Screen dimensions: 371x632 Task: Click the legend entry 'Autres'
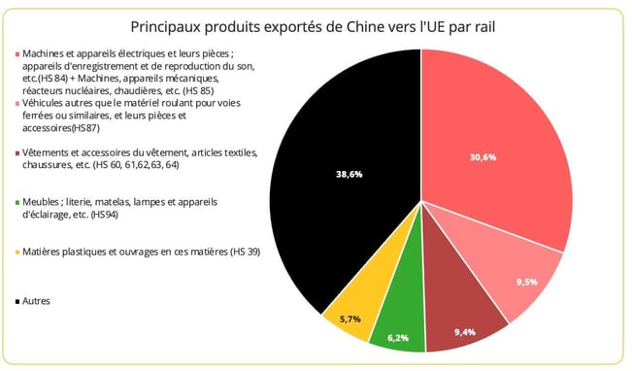[35, 301]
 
